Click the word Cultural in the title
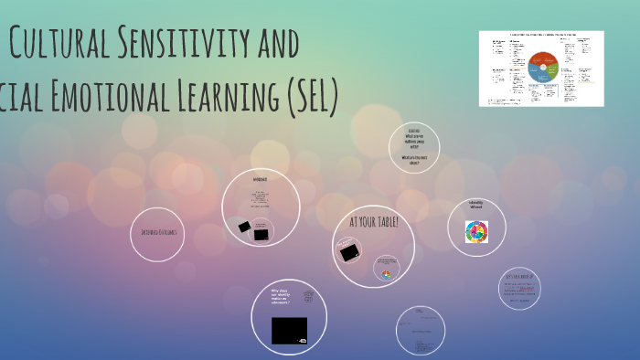click(59, 43)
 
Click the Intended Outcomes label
click(164, 232)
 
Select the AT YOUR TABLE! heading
click(374, 222)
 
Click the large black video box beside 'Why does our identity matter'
click(289, 330)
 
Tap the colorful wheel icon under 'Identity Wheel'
click(476, 232)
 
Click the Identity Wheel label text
click(475, 206)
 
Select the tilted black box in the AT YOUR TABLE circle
click(348, 253)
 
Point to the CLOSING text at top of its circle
click(413, 131)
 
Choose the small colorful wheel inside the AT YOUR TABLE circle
click(386, 274)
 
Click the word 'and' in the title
click(275, 43)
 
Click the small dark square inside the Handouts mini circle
click(261, 234)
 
